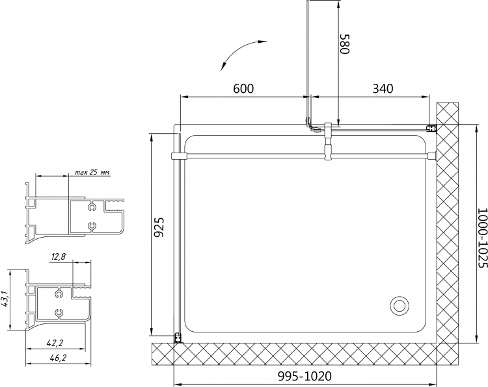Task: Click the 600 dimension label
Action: [243, 88]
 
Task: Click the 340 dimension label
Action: [383, 88]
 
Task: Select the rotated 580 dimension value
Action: [345, 44]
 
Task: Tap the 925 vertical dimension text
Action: [159, 227]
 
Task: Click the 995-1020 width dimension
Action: [305, 376]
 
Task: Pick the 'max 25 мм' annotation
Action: [92, 172]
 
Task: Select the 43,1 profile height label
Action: [5, 299]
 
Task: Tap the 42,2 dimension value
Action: [55, 343]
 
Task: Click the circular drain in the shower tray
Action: [400, 306]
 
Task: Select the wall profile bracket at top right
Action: [431, 129]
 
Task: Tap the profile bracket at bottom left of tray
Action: [178, 338]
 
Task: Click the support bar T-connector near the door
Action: [329, 142]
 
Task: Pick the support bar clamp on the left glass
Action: [178, 156]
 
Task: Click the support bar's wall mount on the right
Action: [432, 156]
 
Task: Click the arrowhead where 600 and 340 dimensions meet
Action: [308, 97]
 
